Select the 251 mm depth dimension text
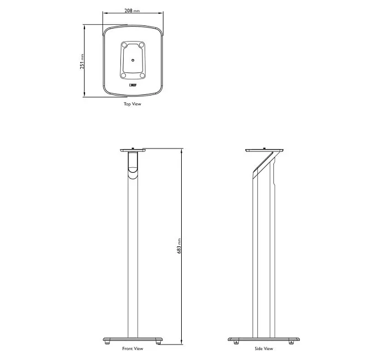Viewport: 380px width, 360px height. (82, 61)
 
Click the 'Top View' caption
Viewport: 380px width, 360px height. (132, 103)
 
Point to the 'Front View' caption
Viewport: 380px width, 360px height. (132, 348)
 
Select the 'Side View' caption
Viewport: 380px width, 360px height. (264, 348)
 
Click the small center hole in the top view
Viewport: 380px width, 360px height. (132, 59)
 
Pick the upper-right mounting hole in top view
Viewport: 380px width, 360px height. (141, 45)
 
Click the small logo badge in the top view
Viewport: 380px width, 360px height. (133, 86)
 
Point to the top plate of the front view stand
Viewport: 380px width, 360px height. (132, 150)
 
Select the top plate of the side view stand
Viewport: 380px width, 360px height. (265, 150)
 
